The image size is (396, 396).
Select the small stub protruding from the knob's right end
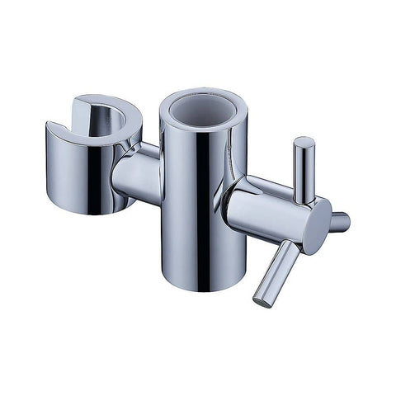(x=339, y=221)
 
